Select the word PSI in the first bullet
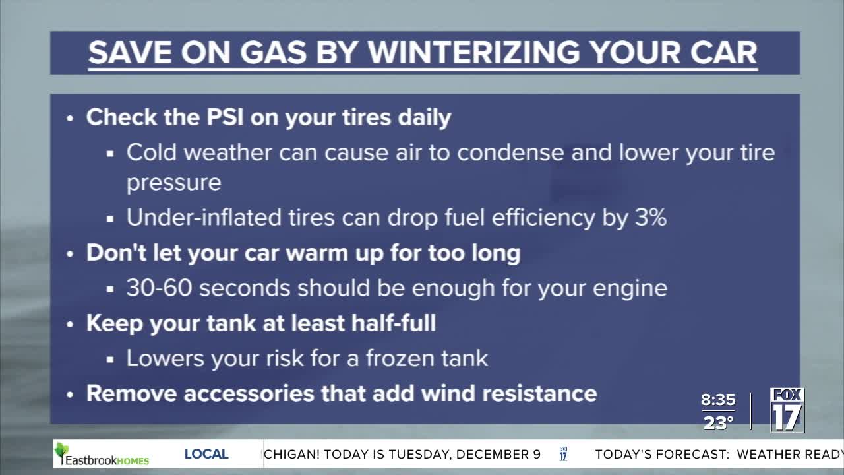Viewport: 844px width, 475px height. [x=225, y=117]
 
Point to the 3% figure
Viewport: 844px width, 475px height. [x=651, y=218]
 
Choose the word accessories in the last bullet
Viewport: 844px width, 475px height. [x=249, y=394]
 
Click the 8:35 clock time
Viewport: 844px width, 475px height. [x=718, y=400]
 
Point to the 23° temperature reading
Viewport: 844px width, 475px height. [x=718, y=423]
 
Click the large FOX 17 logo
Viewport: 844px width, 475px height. [x=787, y=410]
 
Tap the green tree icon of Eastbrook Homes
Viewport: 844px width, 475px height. [x=61, y=453]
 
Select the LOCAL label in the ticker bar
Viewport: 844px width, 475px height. [x=206, y=454]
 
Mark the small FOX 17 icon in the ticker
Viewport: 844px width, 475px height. [x=563, y=454]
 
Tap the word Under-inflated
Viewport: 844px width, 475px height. [x=204, y=218]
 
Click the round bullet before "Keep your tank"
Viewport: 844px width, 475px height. [x=70, y=324]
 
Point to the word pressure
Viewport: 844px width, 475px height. [x=173, y=184]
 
